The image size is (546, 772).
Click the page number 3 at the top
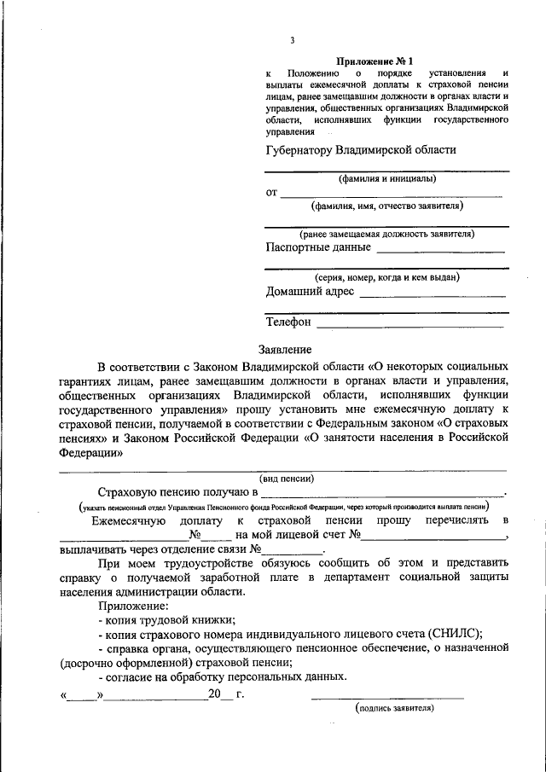click(x=293, y=40)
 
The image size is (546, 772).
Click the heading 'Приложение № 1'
click(x=375, y=61)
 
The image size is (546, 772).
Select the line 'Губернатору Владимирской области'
click(x=361, y=149)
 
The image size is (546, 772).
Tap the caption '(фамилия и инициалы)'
click(x=387, y=179)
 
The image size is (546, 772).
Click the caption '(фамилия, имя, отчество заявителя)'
click(x=387, y=206)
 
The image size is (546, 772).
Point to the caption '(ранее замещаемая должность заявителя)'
click(x=387, y=234)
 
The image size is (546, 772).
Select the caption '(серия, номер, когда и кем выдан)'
click(x=387, y=277)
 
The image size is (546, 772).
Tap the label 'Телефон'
click(x=289, y=322)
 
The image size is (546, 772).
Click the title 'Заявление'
click(x=285, y=349)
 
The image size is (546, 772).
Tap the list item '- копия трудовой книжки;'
click(x=166, y=620)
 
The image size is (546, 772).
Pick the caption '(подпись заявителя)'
click(x=394, y=707)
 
